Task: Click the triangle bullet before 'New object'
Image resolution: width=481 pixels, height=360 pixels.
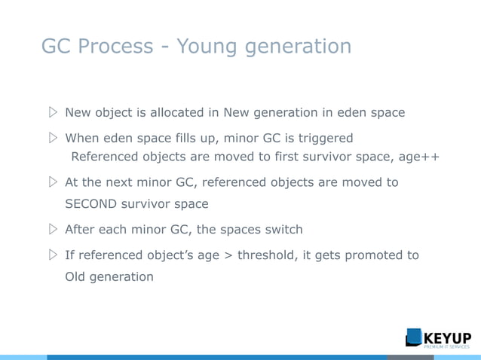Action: [x=52, y=113]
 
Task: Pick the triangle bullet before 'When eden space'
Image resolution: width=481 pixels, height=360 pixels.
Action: [x=52, y=139]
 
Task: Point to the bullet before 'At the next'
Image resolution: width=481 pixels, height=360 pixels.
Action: [x=52, y=182]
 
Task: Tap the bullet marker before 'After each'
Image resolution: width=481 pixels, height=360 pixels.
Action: [x=52, y=230]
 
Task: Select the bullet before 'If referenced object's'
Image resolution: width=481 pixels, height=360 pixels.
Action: [x=52, y=255]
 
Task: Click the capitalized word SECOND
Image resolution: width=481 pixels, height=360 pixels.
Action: [x=94, y=204]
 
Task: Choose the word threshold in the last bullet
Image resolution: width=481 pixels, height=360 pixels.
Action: [x=268, y=255]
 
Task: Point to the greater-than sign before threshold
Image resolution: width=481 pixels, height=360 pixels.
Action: [x=228, y=255]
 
